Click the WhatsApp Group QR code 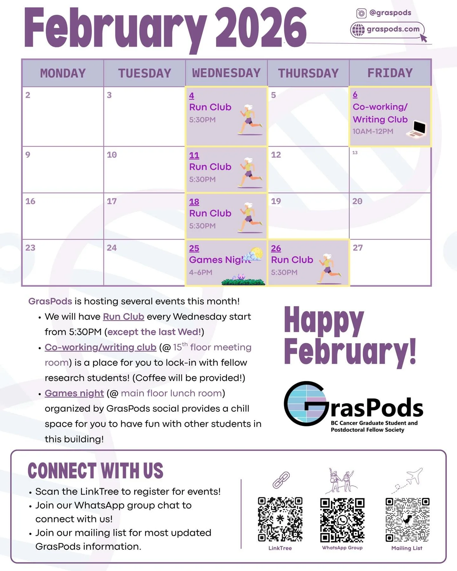coord(342,520)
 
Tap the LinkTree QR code coord(280,519)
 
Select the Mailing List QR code coord(407,520)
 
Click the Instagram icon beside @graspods coord(361,13)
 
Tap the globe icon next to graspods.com coord(358,30)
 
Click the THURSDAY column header coord(308,73)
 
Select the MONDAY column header coord(63,73)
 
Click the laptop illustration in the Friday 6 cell coord(417,129)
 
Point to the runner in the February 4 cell coord(250,120)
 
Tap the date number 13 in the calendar coord(355,153)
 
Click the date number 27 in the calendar coord(358,248)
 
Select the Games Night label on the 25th coord(219,260)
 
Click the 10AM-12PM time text coord(373,131)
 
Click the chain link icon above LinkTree coord(281,480)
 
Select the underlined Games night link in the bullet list coord(74,393)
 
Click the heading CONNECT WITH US coord(95,470)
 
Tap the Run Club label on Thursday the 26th coord(292,260)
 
